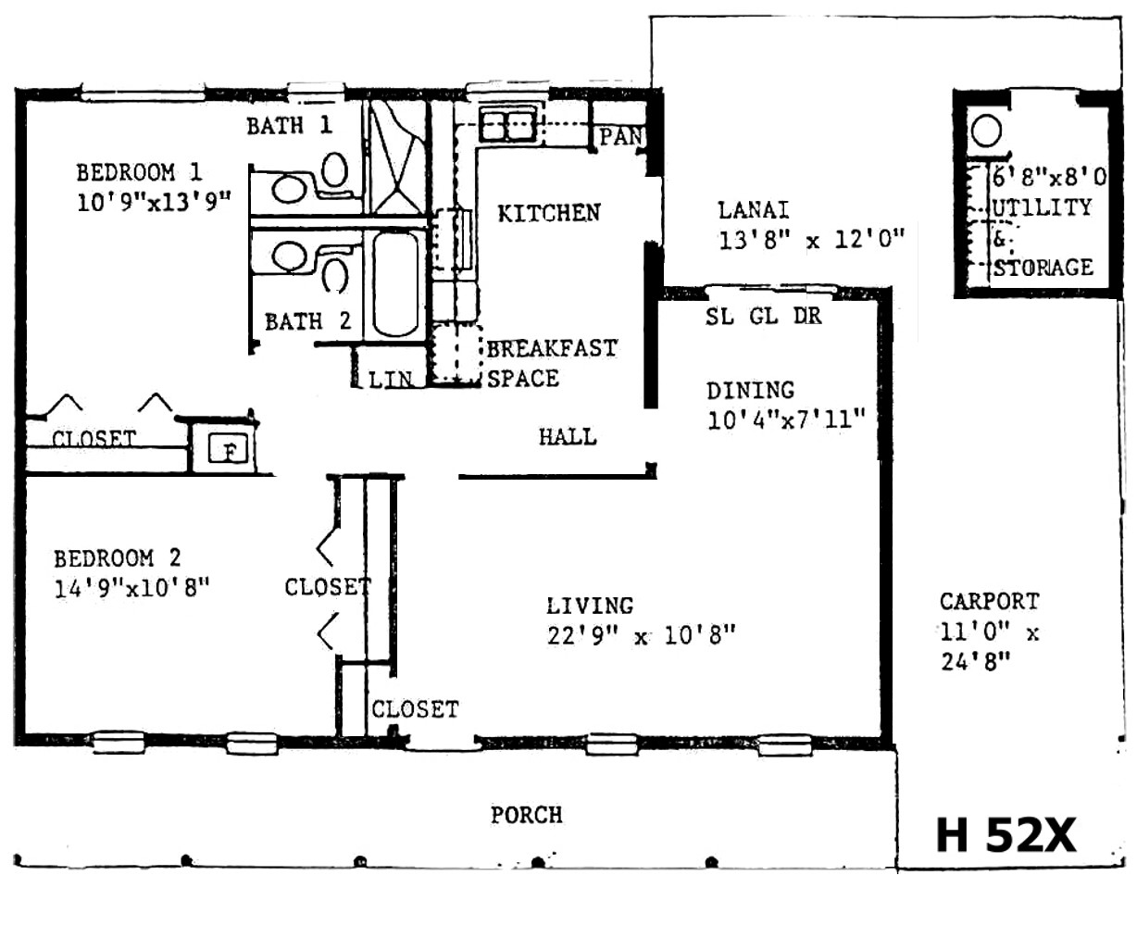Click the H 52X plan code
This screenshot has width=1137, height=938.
coord(1006,835)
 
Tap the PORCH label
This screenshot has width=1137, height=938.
coord(526,816)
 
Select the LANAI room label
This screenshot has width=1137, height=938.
coord(753,210)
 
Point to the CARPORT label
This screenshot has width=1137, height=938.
coord(989,601)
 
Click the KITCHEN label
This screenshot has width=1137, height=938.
coord(549,213)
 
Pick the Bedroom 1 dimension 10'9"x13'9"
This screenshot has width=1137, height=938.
coord(154,203)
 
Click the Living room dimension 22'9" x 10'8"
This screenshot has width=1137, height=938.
coord(641,635)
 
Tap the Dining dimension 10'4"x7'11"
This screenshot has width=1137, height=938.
coord(786,420)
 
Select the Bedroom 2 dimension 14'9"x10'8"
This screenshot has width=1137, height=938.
coord(131,588)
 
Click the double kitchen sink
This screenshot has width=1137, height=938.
coord(507,124)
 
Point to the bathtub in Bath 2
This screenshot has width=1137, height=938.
coord(396,283)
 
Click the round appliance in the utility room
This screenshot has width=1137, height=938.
coord(986,131)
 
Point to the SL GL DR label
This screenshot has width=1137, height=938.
coord(764,317)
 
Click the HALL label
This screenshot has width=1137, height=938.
coord(568,437)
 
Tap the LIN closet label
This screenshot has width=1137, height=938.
coord(390,380)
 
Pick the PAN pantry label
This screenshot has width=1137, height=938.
coord(621,137)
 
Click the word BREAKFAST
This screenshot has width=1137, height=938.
coord(552,348)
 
